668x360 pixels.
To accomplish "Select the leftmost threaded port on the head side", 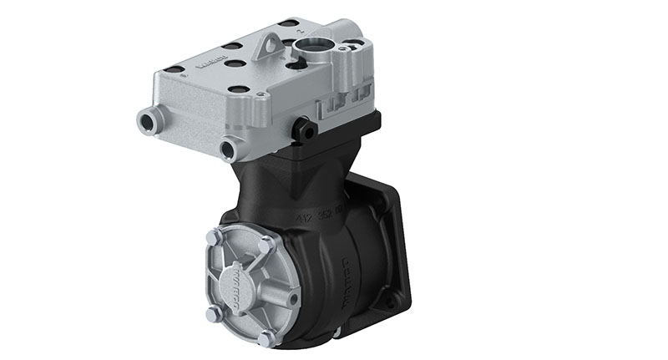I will [147, 122].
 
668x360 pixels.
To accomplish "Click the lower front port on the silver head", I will [228, 150].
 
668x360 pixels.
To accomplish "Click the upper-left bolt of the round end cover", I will [215, 238].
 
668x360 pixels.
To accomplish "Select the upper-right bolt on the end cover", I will [266, 246].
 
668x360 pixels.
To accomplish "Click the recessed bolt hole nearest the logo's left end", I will [175, 69].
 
